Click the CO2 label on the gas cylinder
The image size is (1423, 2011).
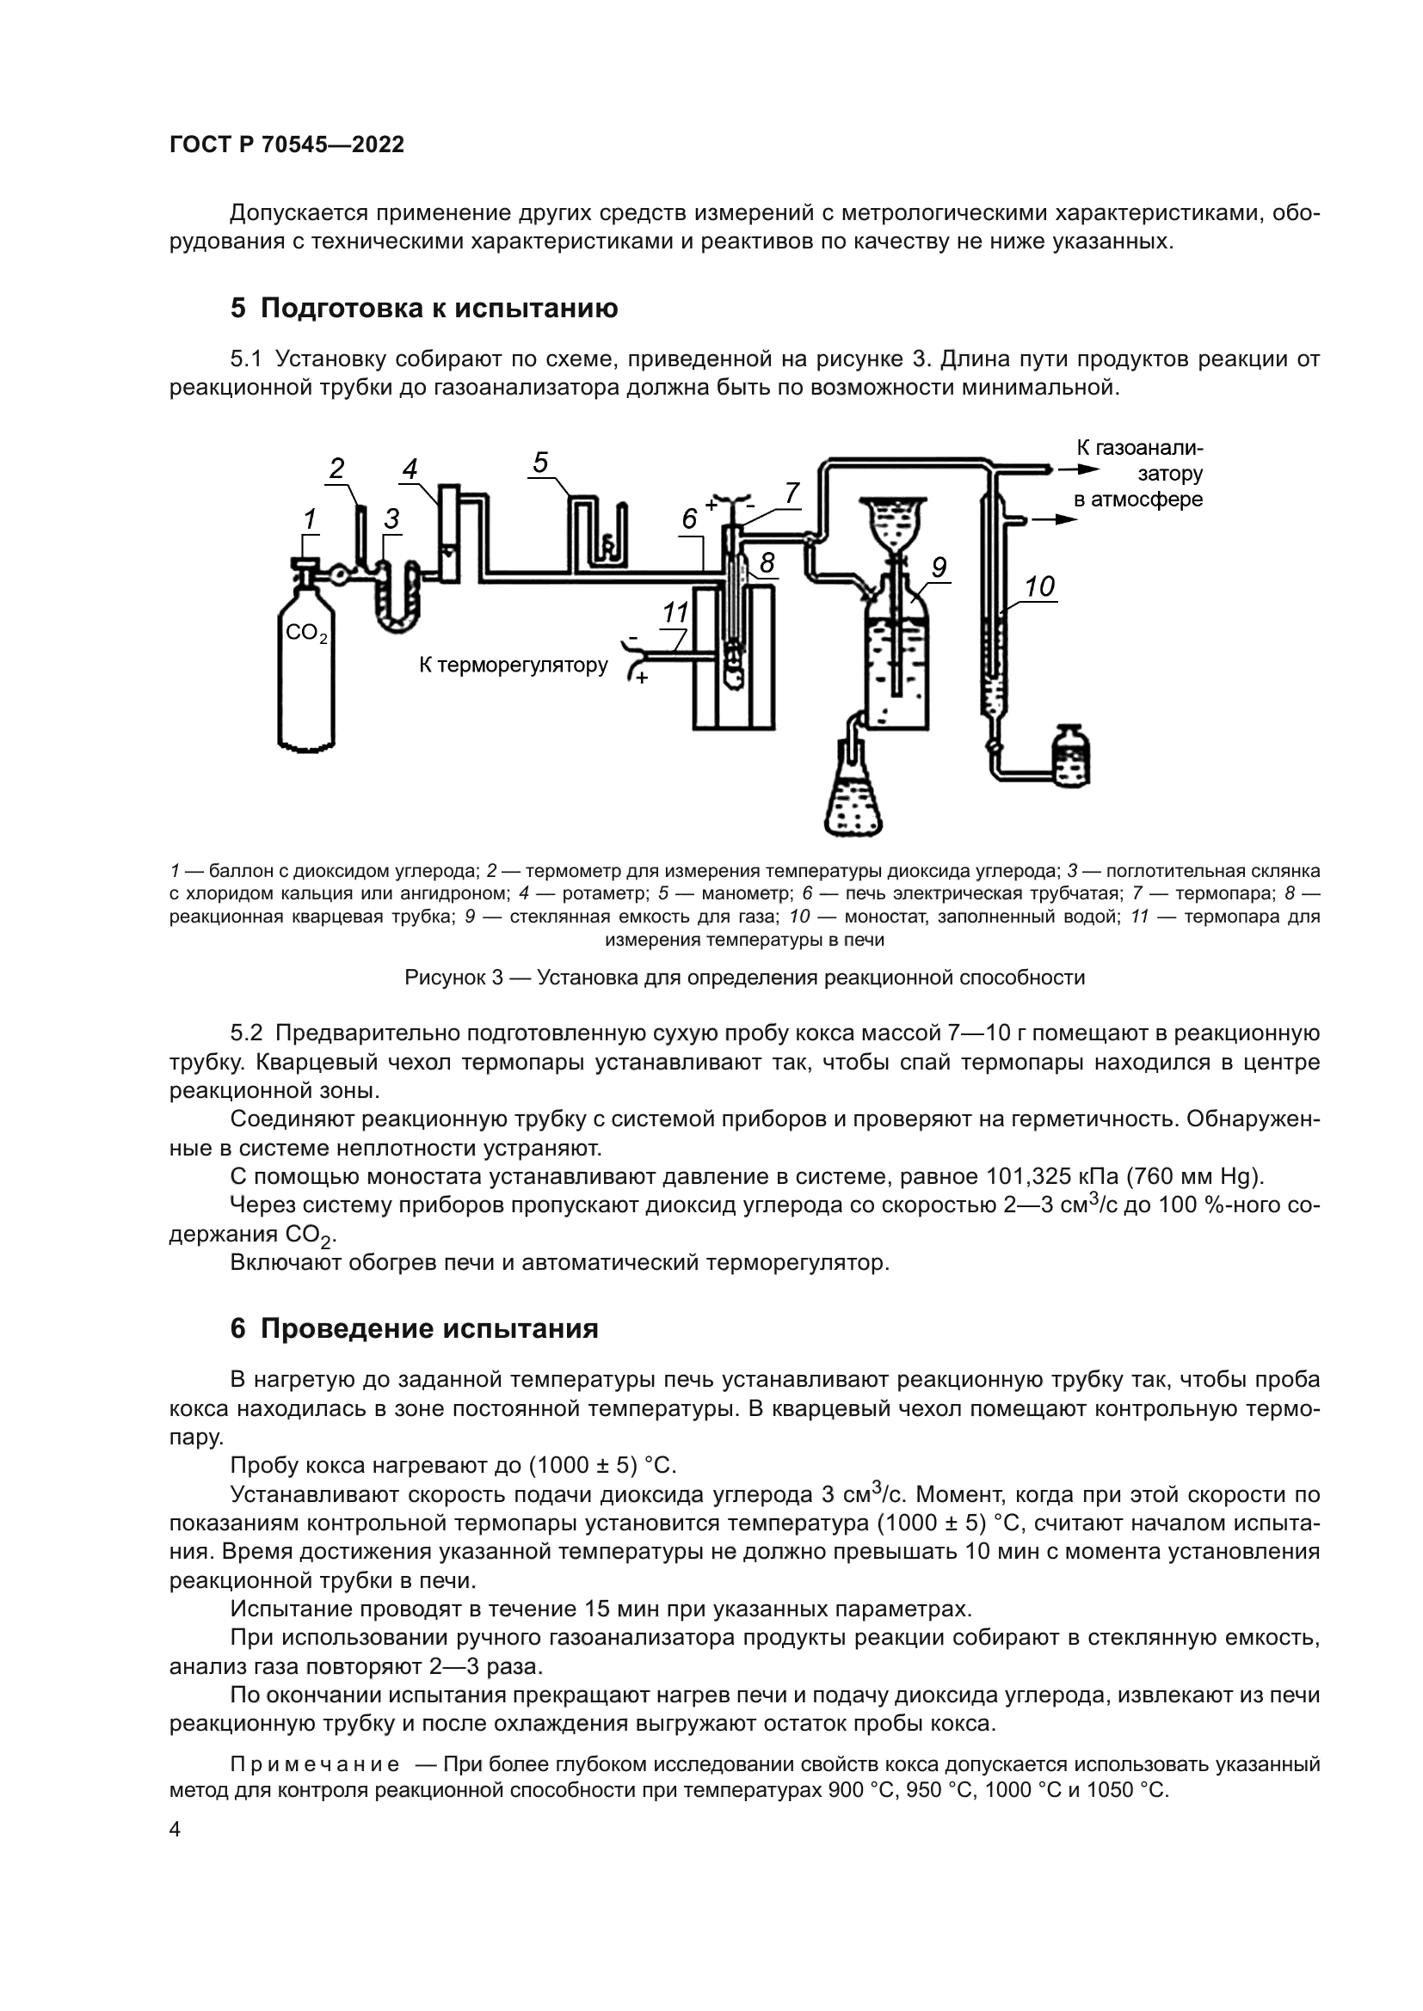click(305, 633)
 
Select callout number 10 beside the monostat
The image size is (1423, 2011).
click(1039, 586)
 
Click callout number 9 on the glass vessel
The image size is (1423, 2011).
click(939, 567)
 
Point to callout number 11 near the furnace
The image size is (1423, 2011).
click(675, 612)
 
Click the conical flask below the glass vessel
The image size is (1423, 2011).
click(853, 797)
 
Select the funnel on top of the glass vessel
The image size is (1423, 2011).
click(892, 522)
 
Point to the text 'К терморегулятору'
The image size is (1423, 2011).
click(513, 665)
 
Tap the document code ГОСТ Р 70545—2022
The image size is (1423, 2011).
click(286, 145)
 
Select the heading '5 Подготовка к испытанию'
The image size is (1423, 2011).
click(424, 309)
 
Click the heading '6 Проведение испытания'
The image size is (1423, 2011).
click(415, 1328)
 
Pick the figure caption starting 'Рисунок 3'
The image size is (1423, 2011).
click(744, 978)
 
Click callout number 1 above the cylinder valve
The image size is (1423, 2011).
click(309, 519)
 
